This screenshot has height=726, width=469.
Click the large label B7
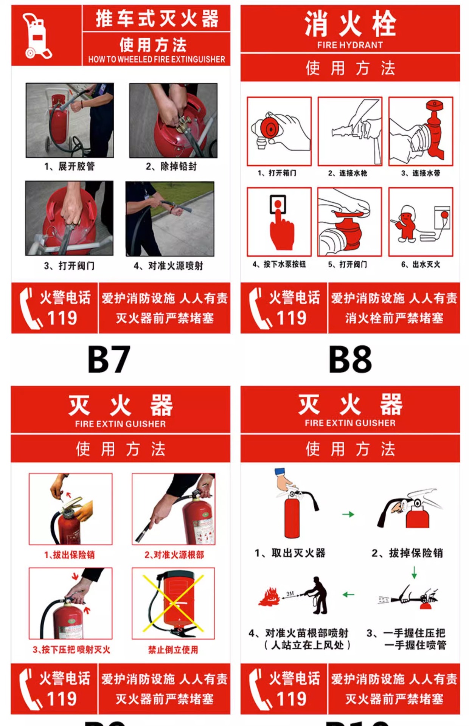point(109,359)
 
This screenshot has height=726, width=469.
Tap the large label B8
point(350,359)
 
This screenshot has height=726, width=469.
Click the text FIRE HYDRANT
point(350,45)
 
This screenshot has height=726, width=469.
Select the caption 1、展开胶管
point(70,166)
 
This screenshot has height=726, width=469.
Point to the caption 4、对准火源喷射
point(168,266)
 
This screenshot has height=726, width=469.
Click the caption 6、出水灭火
point(421,264)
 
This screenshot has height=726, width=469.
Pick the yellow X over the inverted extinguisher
point(173,603)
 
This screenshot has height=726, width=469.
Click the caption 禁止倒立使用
point(173,650)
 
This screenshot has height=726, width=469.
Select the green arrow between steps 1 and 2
point(348,514)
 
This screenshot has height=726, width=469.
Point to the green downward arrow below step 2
point(414,572)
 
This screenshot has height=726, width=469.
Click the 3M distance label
point(290,594)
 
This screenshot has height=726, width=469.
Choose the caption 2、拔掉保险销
point(407,553)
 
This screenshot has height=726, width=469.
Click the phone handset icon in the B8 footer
point(259,308)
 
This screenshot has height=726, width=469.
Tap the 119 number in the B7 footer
point(62,318)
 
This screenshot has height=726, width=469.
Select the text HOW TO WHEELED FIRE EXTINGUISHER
point(157,59)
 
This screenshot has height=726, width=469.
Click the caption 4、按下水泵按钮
point(279,264)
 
